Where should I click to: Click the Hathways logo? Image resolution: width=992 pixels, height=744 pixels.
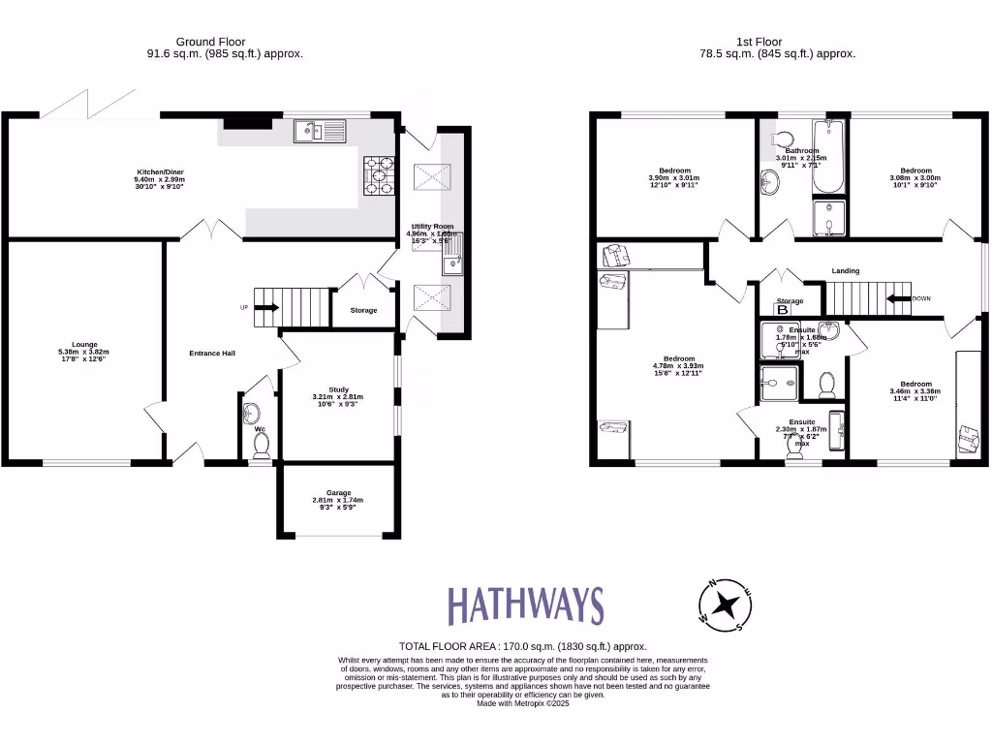point(525,605)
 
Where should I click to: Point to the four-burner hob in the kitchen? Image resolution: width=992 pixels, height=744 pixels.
point(379,175)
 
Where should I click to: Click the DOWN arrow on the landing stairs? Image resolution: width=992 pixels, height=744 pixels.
point(900,298)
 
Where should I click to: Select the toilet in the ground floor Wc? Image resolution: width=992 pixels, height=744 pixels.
point(261,445)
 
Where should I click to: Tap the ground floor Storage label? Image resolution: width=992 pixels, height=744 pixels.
point(363,310)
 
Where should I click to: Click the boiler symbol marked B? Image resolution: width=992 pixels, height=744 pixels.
point(783,310)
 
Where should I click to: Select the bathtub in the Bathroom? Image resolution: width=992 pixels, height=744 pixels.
point(828,158)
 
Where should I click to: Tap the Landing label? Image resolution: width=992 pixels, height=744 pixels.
point(845,271)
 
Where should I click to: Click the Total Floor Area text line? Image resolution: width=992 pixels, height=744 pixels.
point(523,646)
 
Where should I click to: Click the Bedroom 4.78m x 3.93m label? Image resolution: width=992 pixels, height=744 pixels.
point(677,364)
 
